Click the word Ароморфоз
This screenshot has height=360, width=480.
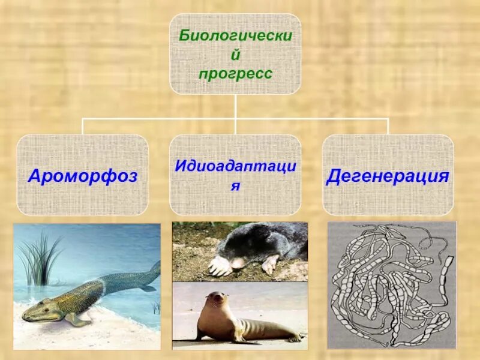[x=83, y=176]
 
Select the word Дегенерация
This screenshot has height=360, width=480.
[x=388, y=176]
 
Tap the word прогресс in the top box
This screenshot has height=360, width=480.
[x=235, y=74]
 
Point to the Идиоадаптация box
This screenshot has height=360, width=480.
[x=235, y=175]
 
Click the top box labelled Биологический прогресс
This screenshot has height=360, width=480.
[x=235, y=54]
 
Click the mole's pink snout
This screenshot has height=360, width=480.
[x=239, y=263]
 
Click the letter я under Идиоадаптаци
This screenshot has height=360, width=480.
[x=235, y=186]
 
